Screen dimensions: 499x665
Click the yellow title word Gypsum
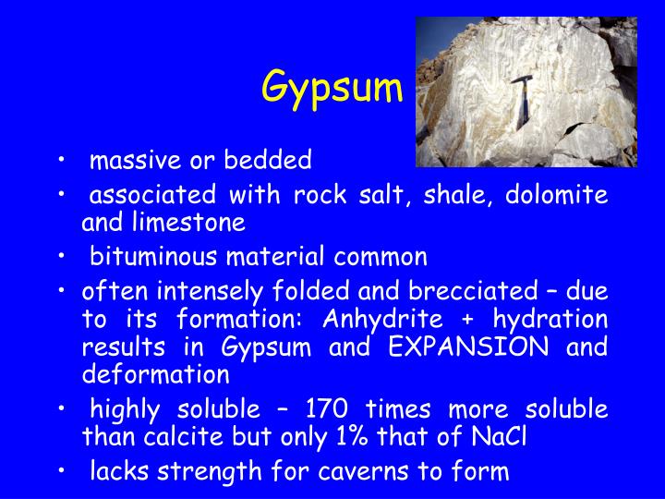click(332, 89)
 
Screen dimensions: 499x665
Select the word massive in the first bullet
click(127, 161)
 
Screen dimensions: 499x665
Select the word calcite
click(215, 436)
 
